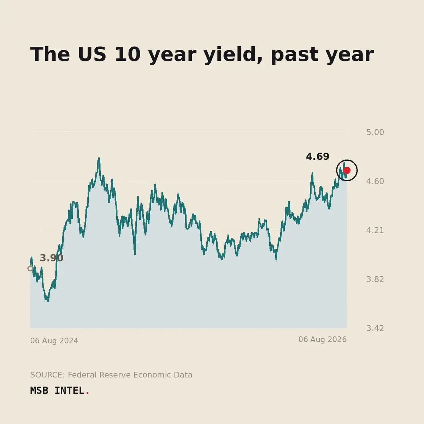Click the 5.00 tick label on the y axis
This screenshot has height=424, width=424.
point(375,132)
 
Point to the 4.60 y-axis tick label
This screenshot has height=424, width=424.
point(375,181)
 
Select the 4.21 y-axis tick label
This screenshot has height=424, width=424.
point(375,230)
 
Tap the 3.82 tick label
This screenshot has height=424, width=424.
point(375,279)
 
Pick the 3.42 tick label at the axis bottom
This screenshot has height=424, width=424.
point(375,328)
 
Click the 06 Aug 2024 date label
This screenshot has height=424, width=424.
point(54,341)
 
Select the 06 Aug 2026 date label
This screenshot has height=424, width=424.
point(323,340)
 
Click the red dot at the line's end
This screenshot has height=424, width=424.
point(347,170)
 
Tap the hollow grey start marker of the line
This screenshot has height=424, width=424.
point(30,269)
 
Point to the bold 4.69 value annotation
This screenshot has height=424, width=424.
point(318,157)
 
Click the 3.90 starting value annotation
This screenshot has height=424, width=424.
point(52,258)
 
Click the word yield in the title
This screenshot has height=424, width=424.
point(233,54)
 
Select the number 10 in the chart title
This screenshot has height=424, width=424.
point(128,54)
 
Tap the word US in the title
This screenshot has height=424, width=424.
point(92,54)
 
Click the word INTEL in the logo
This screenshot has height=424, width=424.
point(69,391)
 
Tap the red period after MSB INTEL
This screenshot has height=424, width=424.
point(87,393)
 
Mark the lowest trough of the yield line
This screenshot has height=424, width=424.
point(48,301)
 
